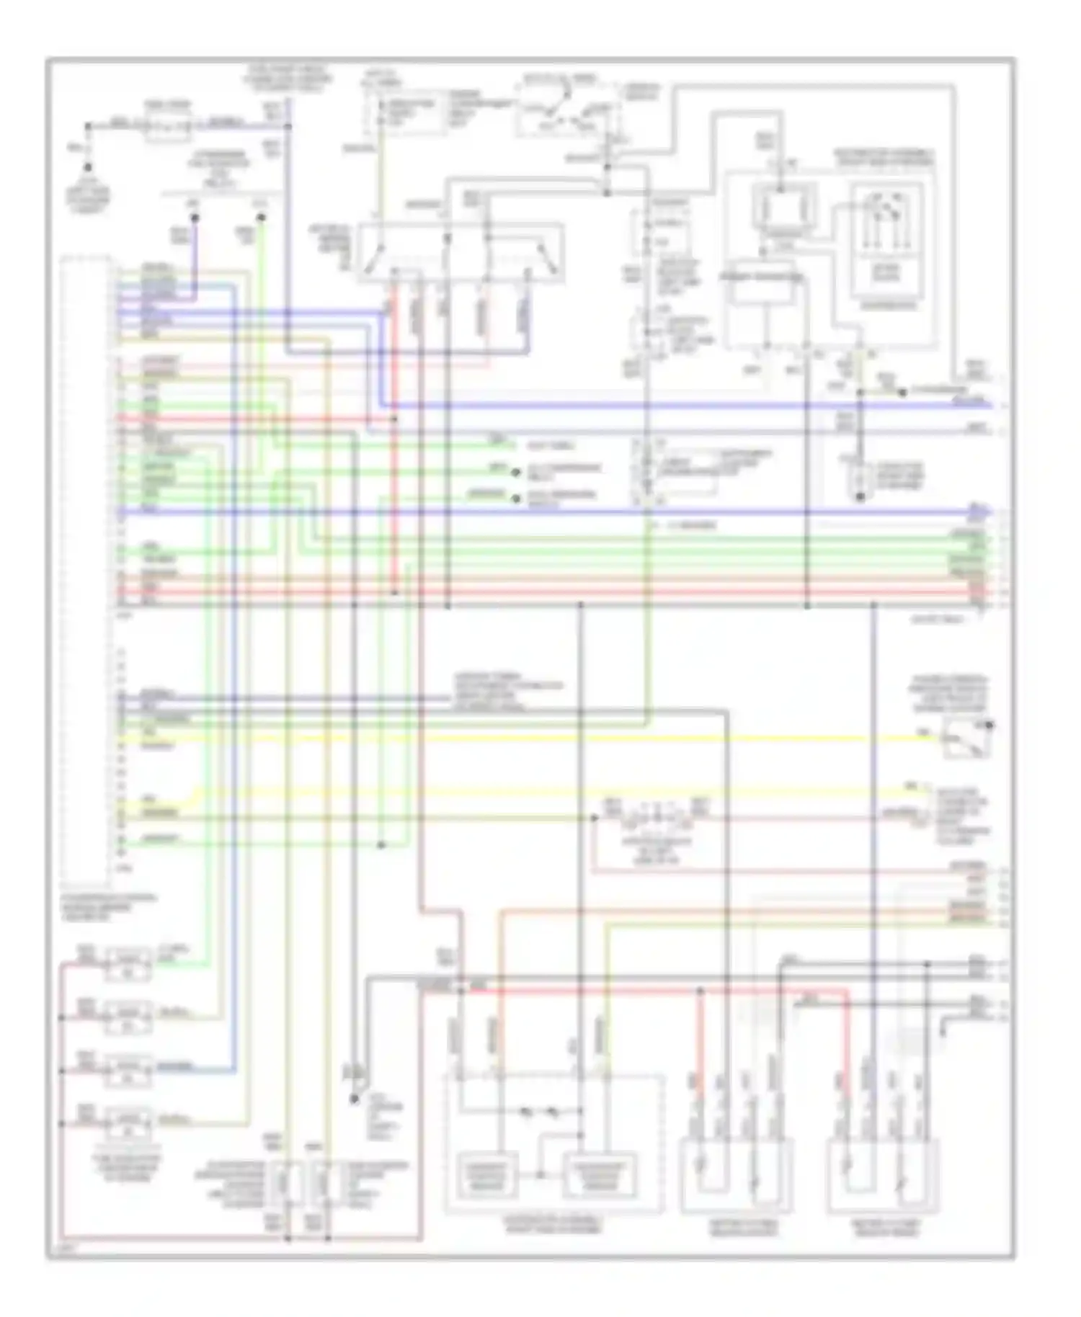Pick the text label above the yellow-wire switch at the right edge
click(950, 694)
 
